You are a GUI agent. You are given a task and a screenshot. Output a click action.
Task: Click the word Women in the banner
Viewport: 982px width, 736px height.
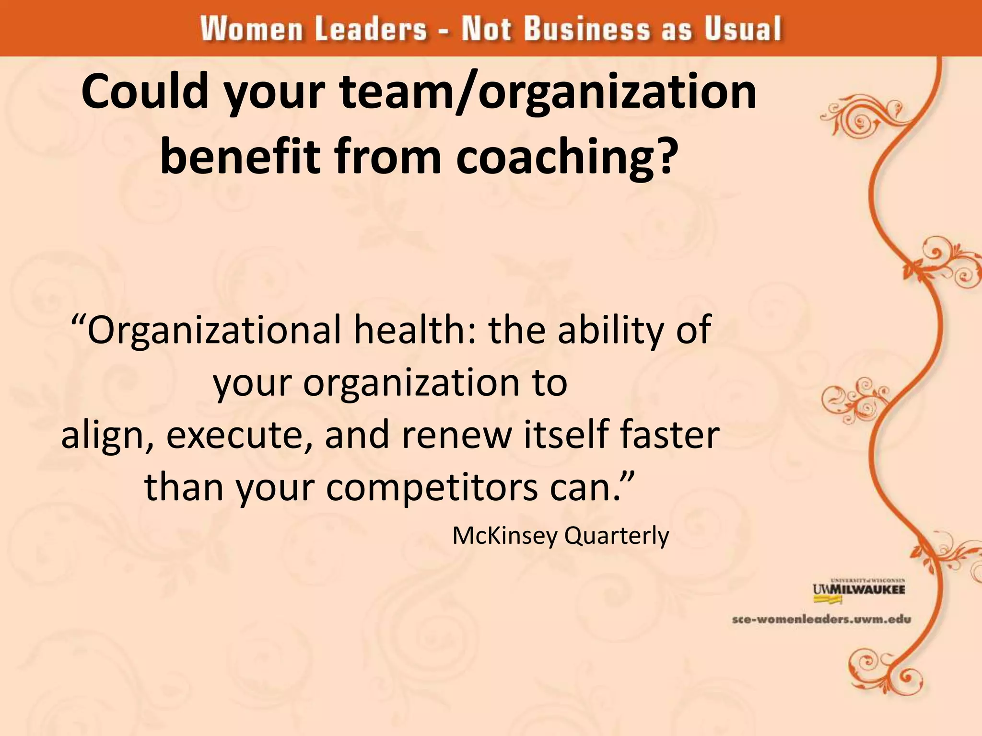click(x=252, y=29)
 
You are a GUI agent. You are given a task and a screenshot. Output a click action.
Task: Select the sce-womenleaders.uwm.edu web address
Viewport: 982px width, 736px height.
click(x=821, y=620)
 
